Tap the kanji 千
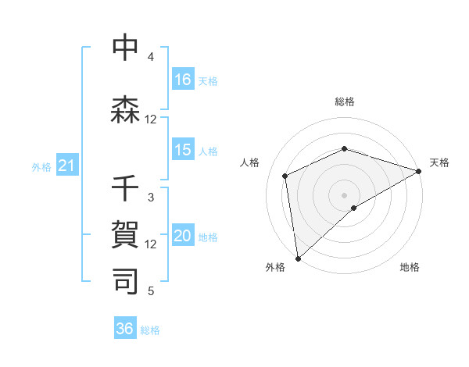[126, 190]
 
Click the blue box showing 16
[183, 79]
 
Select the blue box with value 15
[183, 150]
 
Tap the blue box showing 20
[183, 237]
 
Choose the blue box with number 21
[67, 166]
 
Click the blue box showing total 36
[125, 329]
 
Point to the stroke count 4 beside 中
[151, 57]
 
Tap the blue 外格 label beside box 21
[41, 166]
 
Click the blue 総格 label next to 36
[150, 330]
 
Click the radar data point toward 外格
[298, 258]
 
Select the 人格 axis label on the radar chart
[250, 162]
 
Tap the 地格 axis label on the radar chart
[410, 267]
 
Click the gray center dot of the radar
[344, 194]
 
